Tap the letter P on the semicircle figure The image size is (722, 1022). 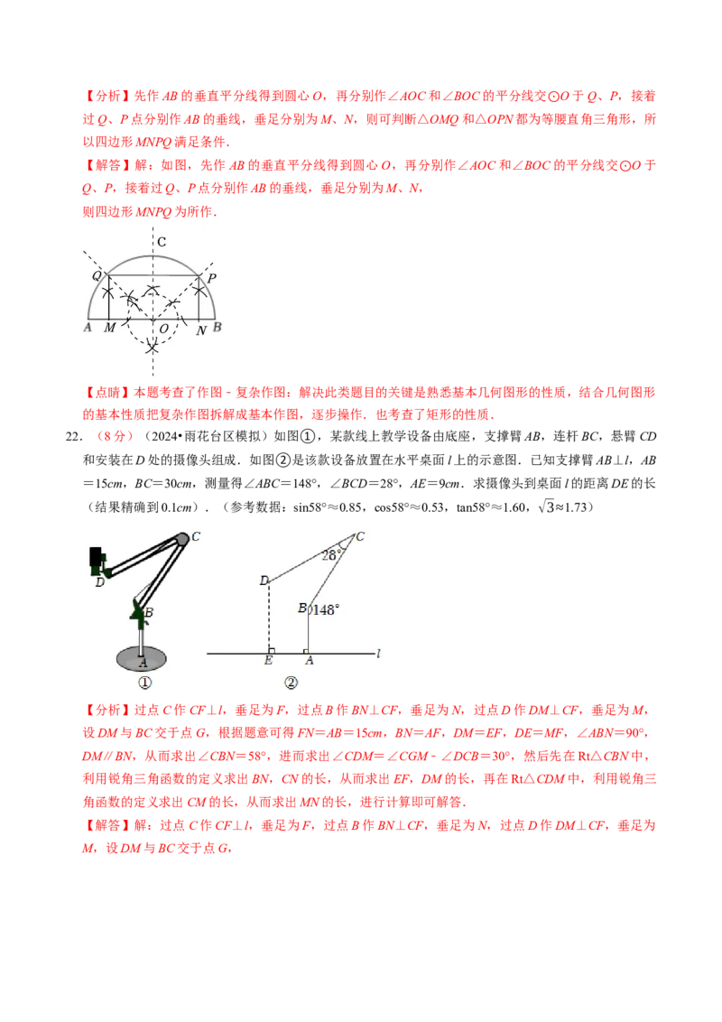tap(211, 279)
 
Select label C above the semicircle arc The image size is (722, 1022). tap(161, 242)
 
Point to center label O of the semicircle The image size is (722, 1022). tap(163, 330)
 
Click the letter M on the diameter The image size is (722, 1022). tap(110, 329)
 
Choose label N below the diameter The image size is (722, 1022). tap(202, 330)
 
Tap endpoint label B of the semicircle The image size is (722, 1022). tap(218, 326)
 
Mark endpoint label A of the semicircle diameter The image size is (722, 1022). tap(88, 327)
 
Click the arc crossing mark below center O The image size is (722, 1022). tap(153, 346)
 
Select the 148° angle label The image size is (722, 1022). tap(325, 609)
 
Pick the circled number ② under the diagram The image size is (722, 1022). tap(291, 683)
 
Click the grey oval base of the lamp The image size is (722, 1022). tap(141, 658)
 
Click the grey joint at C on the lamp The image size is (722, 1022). tap(181, 539)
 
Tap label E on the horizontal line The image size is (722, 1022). tap(268, 662)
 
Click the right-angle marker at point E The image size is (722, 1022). tap(272, 648)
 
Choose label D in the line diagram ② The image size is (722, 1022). tap(264, 581)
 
